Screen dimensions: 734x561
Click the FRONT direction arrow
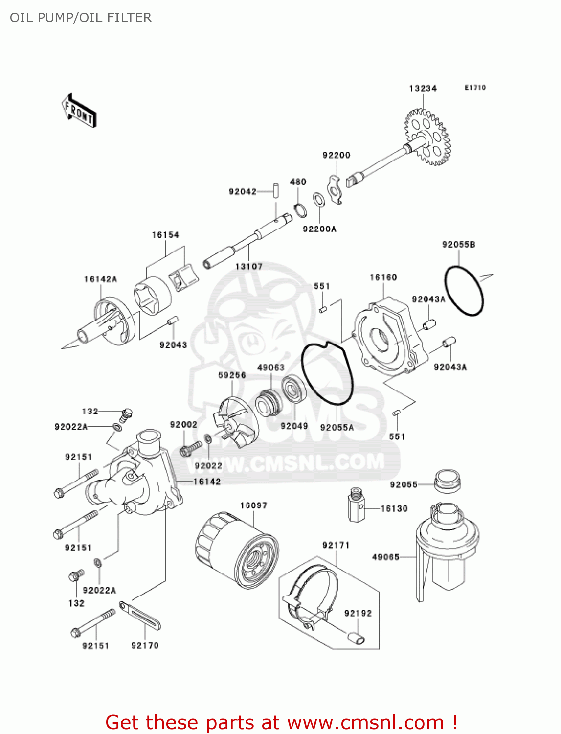(79, 112)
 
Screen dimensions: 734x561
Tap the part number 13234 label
(423, 89)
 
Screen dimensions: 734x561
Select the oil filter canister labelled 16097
(237, 551)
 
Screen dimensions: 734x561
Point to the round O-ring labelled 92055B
(464, 291)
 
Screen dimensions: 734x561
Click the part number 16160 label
(383, 277)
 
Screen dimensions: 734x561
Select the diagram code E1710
(475, 88)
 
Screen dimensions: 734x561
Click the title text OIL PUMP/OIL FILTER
(81, 18)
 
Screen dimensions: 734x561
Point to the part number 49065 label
(385, 557)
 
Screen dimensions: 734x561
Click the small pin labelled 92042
(275, 190)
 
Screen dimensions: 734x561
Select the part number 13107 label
(248, 267)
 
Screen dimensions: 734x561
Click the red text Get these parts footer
(281, 722)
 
